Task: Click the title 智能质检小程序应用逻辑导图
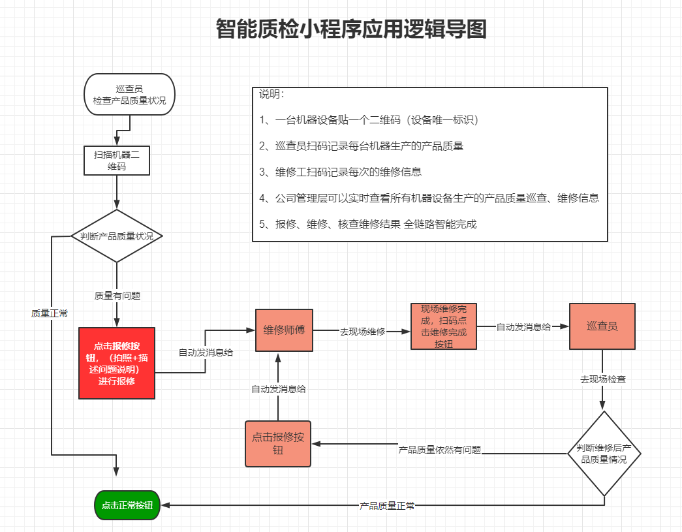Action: (x=351, y=29)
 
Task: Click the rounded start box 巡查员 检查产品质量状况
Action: (x=129, y=95)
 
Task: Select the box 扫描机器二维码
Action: (x=117, y=161)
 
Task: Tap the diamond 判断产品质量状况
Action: (x=117, y=236)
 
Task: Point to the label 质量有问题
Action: (x=117, y=296)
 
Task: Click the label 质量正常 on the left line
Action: (x=50, y=313)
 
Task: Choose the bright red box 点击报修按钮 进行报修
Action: (x=117, y=363)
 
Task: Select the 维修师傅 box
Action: (x=284, y=330)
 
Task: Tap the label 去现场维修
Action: (x=362, y=332)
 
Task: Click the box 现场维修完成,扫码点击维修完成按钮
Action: (x=443, y=326)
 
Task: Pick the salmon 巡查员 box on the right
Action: (x=602, y=326)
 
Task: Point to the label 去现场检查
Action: (x=603, y=379)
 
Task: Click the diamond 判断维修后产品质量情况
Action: (x=604, y=454)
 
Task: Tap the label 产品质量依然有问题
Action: (x=439, y=450)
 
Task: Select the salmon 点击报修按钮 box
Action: (x=278, y=444)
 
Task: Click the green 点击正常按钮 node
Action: (x=127, y=505)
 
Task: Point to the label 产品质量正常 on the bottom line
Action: (x=387, y=506)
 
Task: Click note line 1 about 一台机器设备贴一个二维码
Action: (x=369, y=120)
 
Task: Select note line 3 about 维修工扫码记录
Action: (x=340, y=172)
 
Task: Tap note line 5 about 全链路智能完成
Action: (x=368, y=225)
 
